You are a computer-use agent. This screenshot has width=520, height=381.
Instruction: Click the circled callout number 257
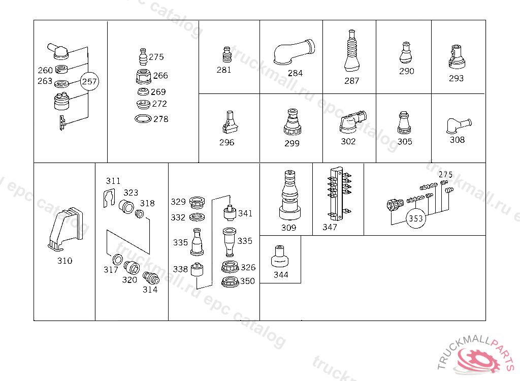(x=89, y=81)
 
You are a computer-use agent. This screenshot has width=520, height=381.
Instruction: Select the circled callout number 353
(x=416, y=218)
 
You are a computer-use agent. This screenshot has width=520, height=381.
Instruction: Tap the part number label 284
(x=295, y=73)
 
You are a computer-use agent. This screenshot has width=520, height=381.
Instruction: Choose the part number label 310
(x=64, y=261)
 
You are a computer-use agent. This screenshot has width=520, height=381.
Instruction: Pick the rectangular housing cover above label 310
(x=66, y=229)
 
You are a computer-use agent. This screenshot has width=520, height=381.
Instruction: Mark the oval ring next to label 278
(x=143, y=118)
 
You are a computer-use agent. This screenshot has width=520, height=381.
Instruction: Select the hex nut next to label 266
(x=144, y=76)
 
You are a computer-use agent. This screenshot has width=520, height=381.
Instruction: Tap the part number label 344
(x=281, y=275)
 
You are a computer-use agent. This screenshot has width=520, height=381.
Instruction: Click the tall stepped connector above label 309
(x=289, y=195)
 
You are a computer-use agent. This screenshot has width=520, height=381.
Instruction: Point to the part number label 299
(x=292, y=143)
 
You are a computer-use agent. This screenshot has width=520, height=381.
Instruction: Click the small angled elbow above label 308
(x=459, y=126)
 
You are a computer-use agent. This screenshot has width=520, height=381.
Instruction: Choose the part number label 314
(x=150, y=290)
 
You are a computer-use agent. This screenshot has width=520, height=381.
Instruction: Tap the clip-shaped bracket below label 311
(x=109, y=198)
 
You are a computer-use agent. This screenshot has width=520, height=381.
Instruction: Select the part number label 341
(x=245, y=213)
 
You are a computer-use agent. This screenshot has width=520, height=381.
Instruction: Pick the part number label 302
(x=348, y=141)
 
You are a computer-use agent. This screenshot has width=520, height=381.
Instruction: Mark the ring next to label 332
(x=197, y=217)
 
